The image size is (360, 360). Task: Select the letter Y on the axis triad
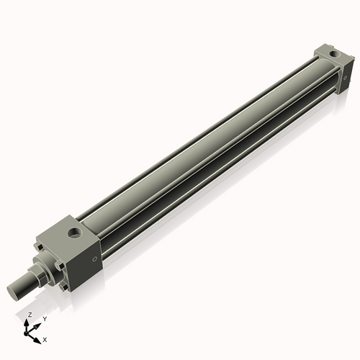pos(45,318)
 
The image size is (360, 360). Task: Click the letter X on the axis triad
pos(45,338)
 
